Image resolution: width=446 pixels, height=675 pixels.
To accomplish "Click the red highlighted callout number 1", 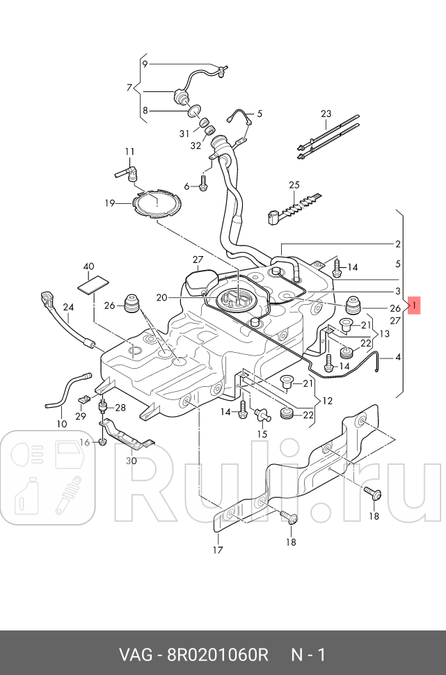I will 414,305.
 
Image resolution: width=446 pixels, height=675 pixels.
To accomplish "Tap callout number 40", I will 88,267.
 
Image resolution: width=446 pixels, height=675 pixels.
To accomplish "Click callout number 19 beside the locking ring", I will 110,203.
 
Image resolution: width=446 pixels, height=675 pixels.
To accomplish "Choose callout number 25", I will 294,184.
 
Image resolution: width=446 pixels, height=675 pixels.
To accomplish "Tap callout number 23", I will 326,113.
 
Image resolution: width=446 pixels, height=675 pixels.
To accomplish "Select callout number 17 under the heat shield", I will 217,550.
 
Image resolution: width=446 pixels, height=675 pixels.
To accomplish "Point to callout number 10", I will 61,424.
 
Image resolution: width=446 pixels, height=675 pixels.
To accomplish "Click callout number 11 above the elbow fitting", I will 129,152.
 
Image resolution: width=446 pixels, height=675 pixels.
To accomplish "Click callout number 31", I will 184,134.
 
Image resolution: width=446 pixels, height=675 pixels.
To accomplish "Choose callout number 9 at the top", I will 145,64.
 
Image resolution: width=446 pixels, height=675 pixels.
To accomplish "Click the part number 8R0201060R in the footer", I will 217,655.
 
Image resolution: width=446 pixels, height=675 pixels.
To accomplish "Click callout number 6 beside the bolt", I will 186,186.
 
